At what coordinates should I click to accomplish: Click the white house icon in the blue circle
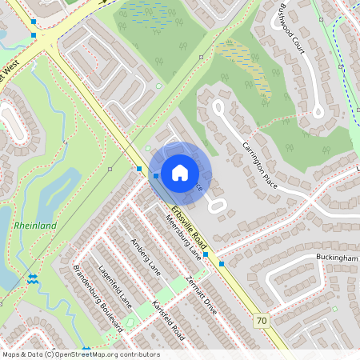click(180, 173)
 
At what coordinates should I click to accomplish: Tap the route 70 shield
click(262, 320)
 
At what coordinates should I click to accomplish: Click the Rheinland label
click(35, 226)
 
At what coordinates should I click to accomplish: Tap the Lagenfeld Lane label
click(114, 286)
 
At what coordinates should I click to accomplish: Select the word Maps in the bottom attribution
click(11, 354)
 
